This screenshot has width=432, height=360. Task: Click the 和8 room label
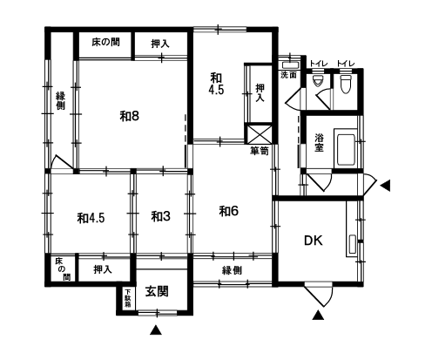130,116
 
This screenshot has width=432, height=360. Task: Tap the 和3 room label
160,216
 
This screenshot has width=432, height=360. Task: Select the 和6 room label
228,211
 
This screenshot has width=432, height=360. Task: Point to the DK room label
314,241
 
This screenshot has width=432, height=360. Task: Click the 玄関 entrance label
157,291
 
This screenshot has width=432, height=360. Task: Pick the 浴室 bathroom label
319,142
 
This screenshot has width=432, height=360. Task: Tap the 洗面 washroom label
288,75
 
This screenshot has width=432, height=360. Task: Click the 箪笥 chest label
260,151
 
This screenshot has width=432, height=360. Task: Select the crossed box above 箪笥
259,134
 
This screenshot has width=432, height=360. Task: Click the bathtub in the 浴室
346,149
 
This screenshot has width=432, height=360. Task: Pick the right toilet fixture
345,84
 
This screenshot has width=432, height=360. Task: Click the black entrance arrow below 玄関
156,329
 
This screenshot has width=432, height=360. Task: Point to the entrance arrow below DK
318,316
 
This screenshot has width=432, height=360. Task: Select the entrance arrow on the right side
385,186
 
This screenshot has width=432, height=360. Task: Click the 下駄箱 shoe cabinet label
128,298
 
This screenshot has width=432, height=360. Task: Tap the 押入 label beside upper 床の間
160,44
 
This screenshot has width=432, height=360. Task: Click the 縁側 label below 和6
232,270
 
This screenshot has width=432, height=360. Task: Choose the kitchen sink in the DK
352,244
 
